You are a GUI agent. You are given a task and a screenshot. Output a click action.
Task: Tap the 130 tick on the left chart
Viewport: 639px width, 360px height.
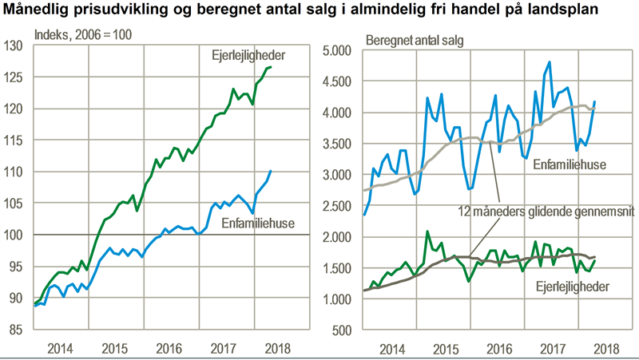click(14, 45)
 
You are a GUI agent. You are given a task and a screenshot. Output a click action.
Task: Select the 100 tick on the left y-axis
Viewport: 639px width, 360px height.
click(14, 235)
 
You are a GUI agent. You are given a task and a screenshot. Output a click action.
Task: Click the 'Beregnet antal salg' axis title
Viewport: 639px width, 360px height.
click(414, 38)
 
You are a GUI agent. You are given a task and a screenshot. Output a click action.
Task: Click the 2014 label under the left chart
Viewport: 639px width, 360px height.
click(62, 349)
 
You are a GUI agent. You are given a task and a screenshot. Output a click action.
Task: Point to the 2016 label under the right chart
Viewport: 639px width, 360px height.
click(498, 349)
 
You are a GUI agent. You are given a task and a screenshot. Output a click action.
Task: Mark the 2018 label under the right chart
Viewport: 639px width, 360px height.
click(605, 349)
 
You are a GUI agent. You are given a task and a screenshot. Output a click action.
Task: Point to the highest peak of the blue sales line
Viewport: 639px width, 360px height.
click(550, 62)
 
